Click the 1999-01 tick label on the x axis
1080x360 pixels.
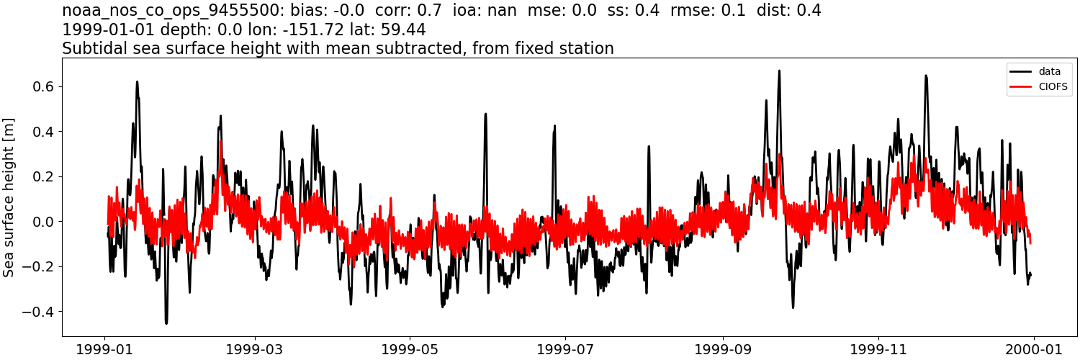(x=106, y=349)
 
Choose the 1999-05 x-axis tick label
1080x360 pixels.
(x=410, y=349)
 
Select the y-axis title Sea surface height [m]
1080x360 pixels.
(x=9, y=197)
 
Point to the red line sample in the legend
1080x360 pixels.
(x=1022, y=88)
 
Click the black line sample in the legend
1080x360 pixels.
(x=1022, y=71)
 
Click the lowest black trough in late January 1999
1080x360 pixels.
(x=166, y=323)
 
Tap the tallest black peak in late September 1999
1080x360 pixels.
(x=779, y=71)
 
